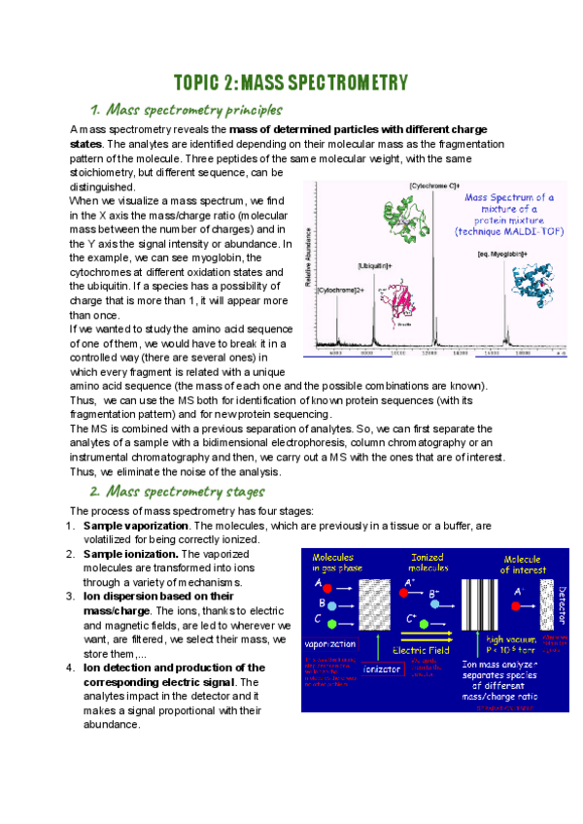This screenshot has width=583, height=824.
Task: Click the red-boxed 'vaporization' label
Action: [x=328, y=643]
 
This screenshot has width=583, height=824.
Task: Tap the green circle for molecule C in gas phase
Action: [x=331, y=621]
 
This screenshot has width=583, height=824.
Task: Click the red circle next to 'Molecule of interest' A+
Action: [x=520, y=589]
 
